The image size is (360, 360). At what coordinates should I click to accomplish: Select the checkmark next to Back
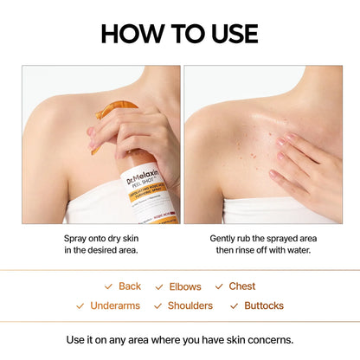(108, 286)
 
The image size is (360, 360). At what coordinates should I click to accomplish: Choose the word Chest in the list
(242, 286)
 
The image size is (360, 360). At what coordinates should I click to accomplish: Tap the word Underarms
(115, 305)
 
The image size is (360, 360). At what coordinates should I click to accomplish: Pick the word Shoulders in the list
(190, 305)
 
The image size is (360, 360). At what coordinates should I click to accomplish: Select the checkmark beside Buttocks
(235, 305)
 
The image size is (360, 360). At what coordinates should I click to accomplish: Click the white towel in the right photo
(260, 211)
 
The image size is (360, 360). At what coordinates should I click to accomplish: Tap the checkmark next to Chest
(219, 286)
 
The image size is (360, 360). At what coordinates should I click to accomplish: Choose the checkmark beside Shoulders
(157, 305)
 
